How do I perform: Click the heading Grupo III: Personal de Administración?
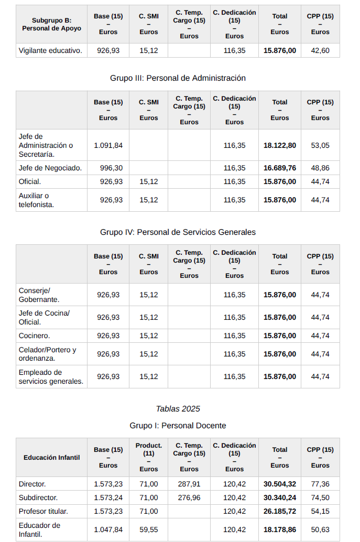coord(178,78)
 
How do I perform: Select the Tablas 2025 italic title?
coord(178,408)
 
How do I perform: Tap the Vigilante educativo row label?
coord(50,50)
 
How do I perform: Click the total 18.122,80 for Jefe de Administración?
coord(279,145)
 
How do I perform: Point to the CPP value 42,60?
coord(320,50)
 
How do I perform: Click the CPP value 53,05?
coord(320,145)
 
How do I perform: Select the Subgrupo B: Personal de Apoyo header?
coord(51,24)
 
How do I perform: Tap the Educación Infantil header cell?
coord(51,457)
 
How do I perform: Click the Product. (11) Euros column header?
coord(149,457)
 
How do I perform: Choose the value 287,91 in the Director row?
coord(189,484)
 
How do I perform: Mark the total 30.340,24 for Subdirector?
coord(279,497)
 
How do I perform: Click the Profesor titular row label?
coord(43,511)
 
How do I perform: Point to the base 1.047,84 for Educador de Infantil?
coord(108,529)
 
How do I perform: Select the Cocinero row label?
coord(34,335)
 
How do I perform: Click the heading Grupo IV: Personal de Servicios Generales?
coord(178,232)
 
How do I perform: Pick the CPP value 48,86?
coord(320,168)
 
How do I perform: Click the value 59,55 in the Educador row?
coord(149,529)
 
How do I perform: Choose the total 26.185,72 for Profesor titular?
coord(279,511)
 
